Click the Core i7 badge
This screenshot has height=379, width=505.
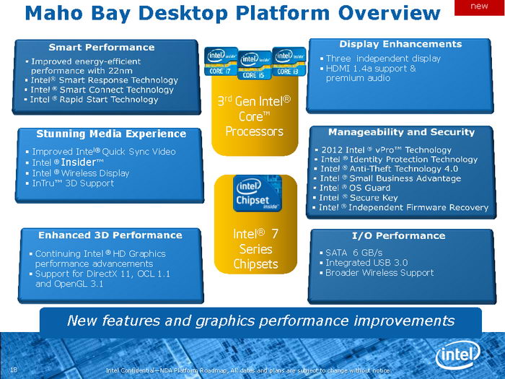221,62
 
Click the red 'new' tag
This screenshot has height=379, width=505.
479,6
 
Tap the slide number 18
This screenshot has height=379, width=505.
13,370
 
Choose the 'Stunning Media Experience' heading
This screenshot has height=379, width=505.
111,134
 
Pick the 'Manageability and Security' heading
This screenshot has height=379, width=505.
401,132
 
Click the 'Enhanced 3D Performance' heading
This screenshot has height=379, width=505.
110,235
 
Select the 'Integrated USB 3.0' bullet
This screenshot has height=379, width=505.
366,263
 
